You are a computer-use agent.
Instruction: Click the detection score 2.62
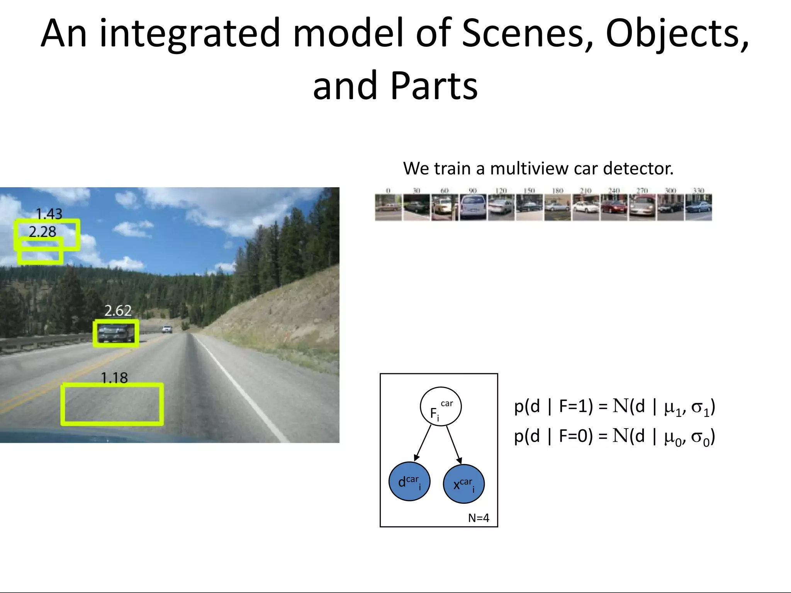[x=118, y=311]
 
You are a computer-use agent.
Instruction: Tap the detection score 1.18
[x=114, y=378]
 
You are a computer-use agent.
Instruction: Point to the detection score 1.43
[x=49, y=214]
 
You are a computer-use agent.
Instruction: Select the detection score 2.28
[x=42, y=232]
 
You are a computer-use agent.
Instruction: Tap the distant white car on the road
[x=167, y=329]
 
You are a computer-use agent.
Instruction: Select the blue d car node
[x=409, y=482]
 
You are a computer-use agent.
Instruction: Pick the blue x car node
[x=463, y=484]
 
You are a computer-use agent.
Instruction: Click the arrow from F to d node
[x=423, y=443]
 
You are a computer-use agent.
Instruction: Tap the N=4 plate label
[x=479, y=518]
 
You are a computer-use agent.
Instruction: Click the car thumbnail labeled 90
[x=473, y=208]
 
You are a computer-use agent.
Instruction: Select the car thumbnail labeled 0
[x=388, y=208]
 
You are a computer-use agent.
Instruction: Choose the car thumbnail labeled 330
[x=698, y=208]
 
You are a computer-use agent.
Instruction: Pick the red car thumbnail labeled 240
[x=614, y=208]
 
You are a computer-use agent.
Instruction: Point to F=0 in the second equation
[x=575, y=436]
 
